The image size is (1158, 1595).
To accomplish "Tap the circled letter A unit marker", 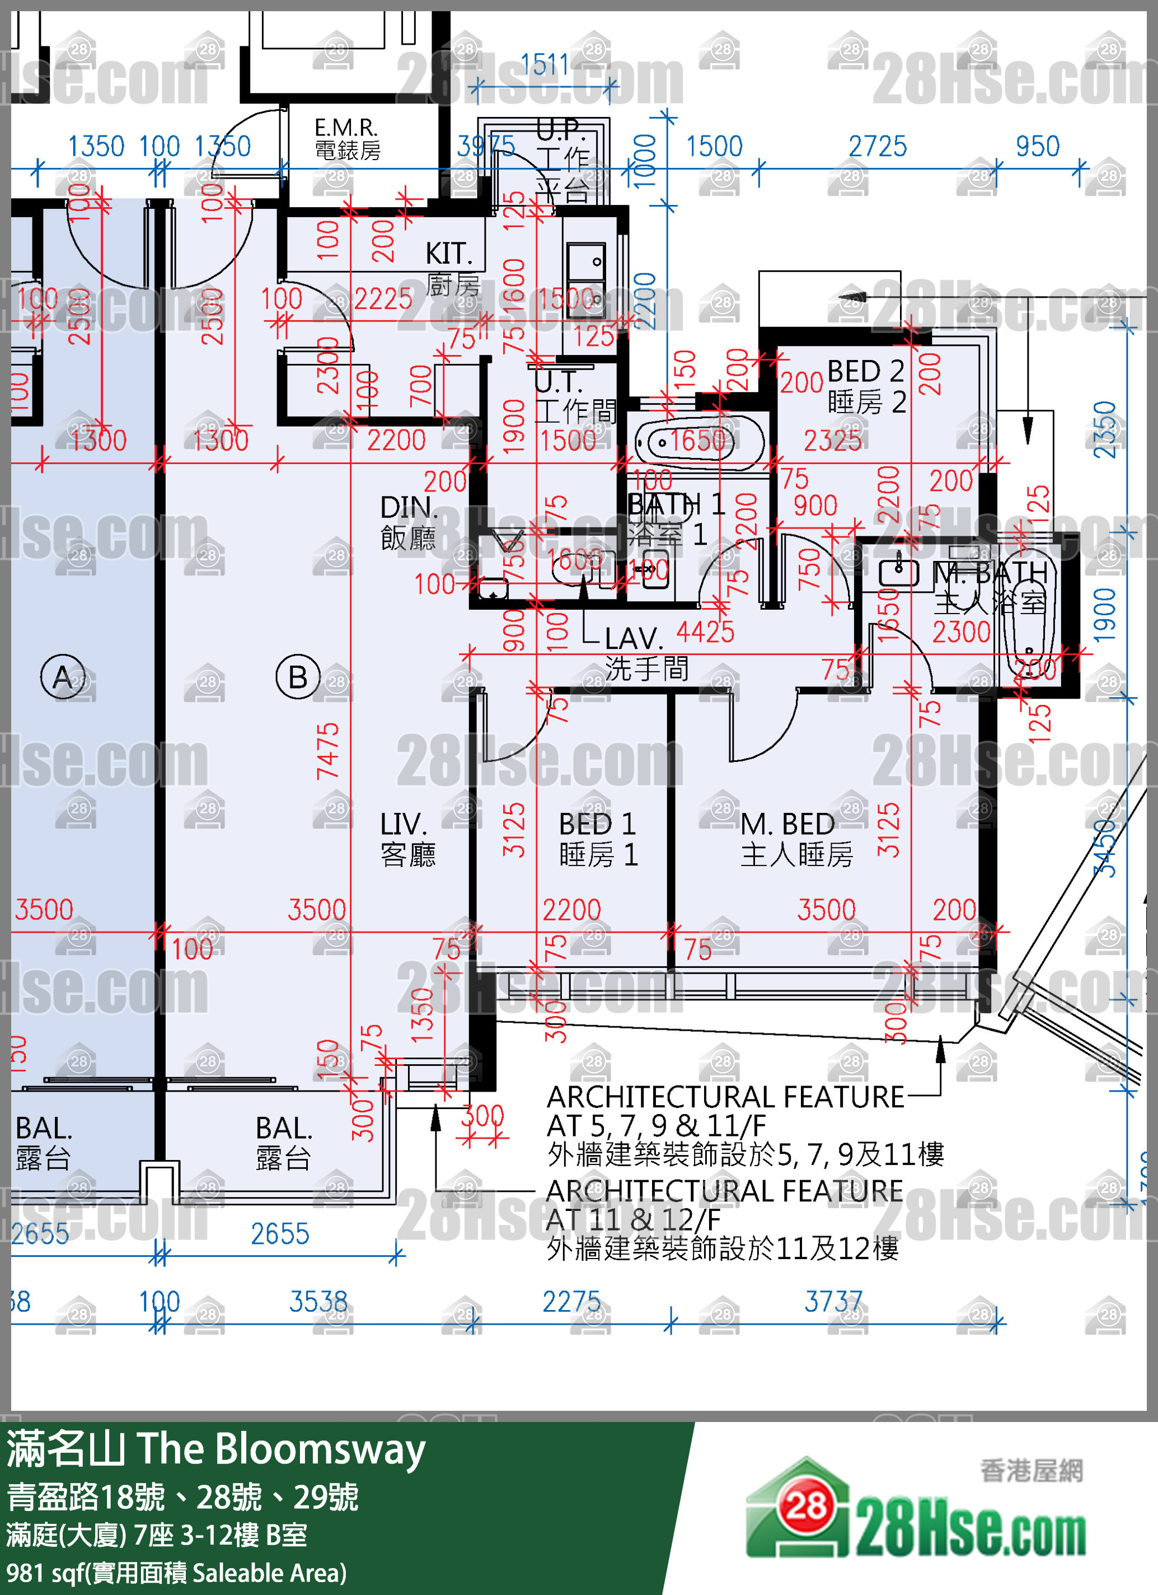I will coord(63,676).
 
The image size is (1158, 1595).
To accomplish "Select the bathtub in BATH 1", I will coord(699,442).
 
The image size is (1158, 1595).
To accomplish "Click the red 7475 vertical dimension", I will coord(327,751).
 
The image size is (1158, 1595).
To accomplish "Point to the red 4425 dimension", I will coord(705,632).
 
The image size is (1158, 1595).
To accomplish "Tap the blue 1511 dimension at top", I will coord(544,65).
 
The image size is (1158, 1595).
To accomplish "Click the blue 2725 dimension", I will coord(877,146).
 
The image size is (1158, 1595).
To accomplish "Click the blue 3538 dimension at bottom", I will coord(318,1301).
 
